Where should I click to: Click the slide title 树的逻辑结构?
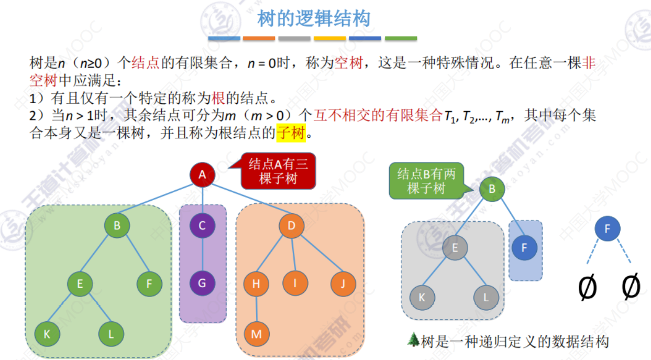[314, 19]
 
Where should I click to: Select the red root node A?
[202, 176]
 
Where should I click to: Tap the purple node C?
[202, 226]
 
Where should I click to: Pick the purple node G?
[202, 284]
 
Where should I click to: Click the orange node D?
[291, 226]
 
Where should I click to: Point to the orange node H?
[256, 284]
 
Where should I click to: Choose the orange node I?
[295, 283]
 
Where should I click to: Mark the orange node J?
[343, 284]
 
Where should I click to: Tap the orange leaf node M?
[256, 334]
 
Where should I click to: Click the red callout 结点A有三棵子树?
[278, 171]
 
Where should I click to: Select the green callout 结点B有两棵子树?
[426, 181]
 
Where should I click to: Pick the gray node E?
[455, 248]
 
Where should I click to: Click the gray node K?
[422, 298]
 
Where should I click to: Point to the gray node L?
[486, 298]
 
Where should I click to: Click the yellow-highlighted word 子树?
[290, 134]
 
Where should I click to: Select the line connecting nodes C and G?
[202, 255]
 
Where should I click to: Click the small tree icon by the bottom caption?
[413, 341]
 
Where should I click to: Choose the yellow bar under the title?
[329, 38]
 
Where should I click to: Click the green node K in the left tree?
[47, 334]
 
